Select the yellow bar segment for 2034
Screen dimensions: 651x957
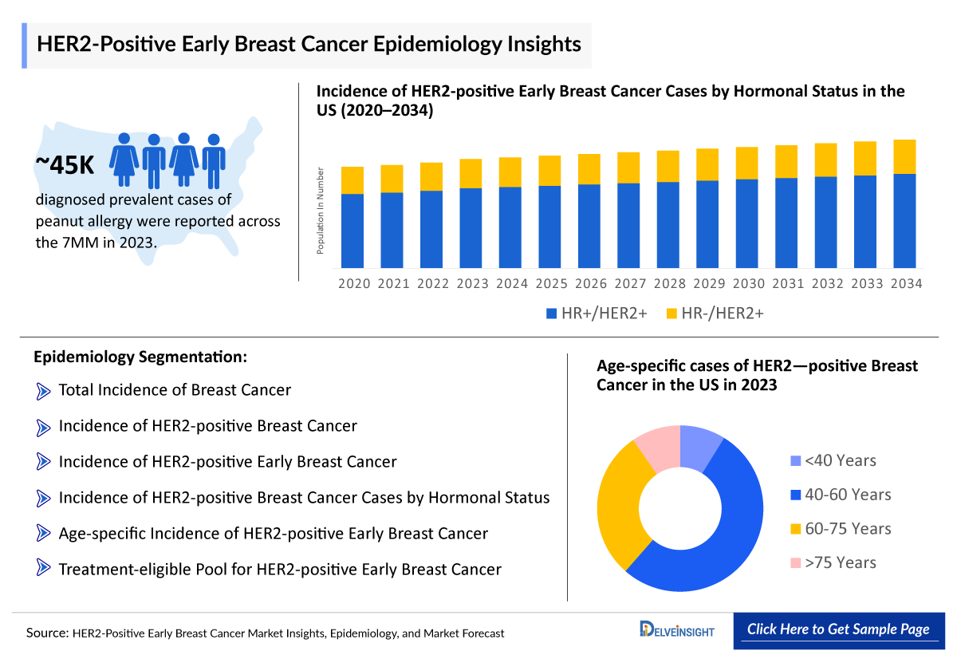[x=904, y=156]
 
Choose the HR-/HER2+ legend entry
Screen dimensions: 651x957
[x=714, y=314]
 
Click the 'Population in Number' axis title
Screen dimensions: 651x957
[x=321, y=211]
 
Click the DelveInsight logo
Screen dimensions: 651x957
[x=677, y=629]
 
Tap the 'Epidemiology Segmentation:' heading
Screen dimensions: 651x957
[x=140, y=357]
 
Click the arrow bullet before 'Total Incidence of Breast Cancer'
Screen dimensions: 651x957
[x=43, y=391]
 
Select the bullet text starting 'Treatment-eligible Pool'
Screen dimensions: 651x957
[x=280, y=569]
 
